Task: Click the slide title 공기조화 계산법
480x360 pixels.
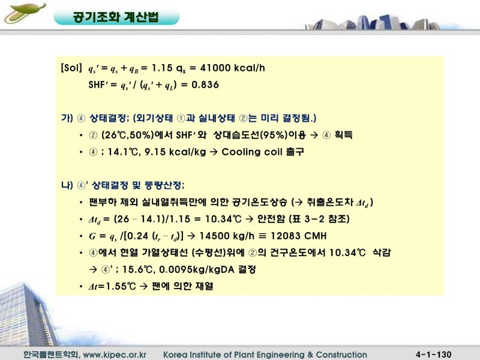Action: tap(116, 17)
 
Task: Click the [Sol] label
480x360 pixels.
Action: tap(71, 68)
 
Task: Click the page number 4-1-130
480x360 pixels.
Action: tap(433, 354)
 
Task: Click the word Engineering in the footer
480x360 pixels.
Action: tap(277, 354)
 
